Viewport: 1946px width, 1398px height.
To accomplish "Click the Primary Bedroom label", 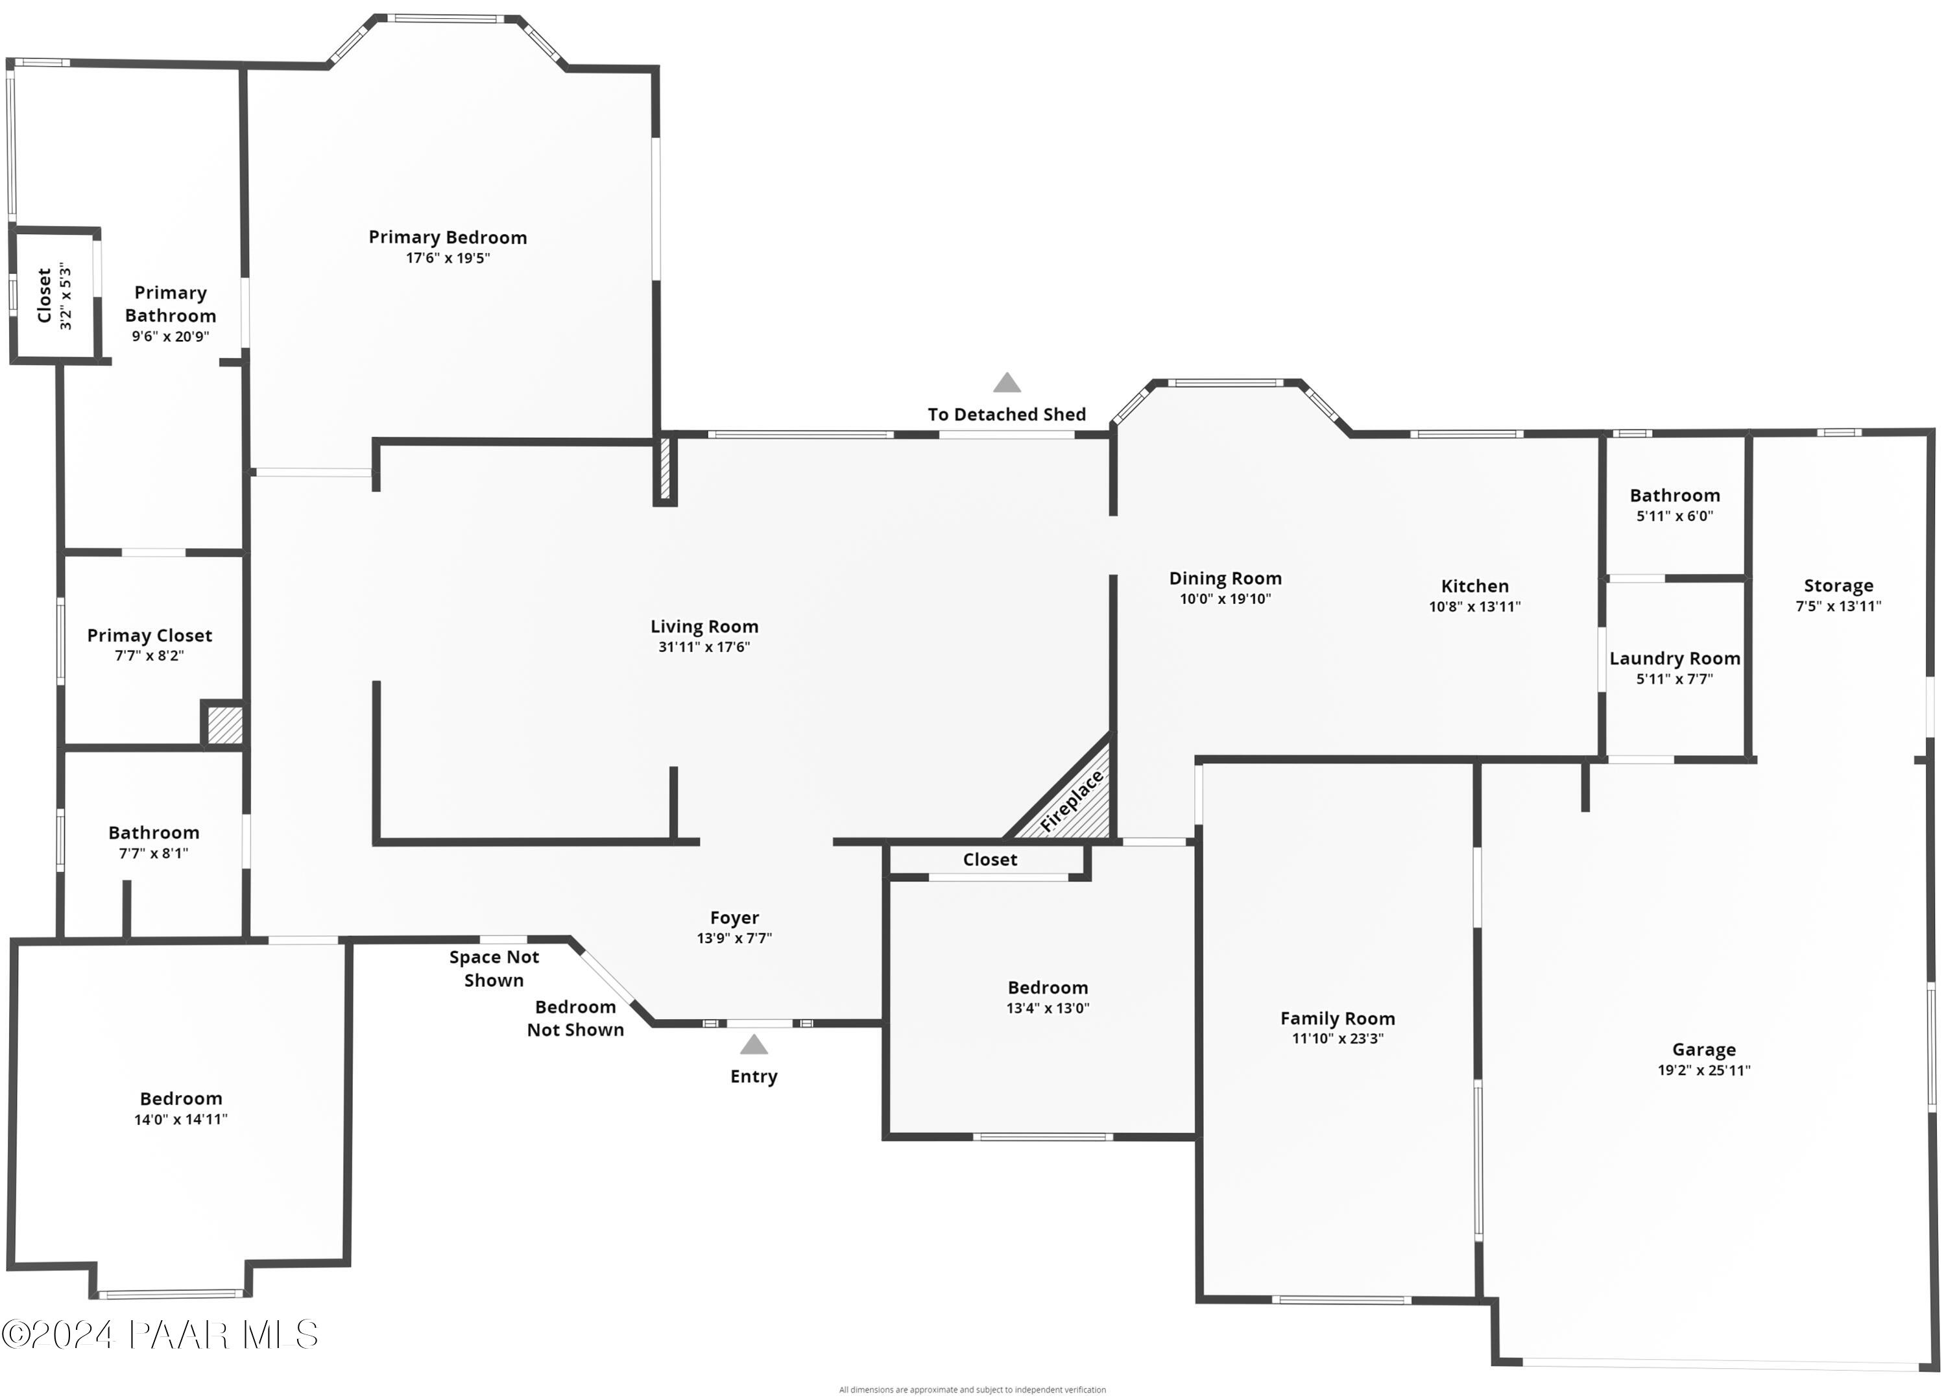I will click(x=447, y=237).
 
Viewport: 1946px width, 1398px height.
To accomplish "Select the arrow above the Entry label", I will click(x=753, y=1044).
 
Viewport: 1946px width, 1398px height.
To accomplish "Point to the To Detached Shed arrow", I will click(x=1007, y=383).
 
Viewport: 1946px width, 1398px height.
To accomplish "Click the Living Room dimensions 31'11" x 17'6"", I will click(x=704, y=647).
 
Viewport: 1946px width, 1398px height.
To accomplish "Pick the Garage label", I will click(x=1703, y=1050).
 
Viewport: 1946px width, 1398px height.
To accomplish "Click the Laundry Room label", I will click(x=1674, y=658).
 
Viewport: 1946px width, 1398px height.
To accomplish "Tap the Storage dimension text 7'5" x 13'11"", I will click(x=1838, y=606).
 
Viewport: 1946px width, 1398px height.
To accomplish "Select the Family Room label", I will click(x=1337, y=1018).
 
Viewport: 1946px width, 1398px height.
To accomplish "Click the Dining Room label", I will click(x=1225, y=579).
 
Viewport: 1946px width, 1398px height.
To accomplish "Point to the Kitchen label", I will click(x=1474, y=586).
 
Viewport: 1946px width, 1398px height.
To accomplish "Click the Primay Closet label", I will click(x=149, y=636).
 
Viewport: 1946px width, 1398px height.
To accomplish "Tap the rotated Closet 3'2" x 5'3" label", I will click(x=54, y=296).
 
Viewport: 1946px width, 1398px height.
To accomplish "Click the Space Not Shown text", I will click(x=494, y=968).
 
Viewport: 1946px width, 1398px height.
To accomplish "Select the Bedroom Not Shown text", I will click(x=575, y=1018).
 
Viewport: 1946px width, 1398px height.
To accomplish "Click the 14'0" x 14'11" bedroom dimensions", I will click(x=180, y=1119).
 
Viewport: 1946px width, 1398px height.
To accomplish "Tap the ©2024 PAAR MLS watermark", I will click(x=160, y=1334).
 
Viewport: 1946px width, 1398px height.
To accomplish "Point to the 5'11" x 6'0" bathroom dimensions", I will click(x=1674, y=516).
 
